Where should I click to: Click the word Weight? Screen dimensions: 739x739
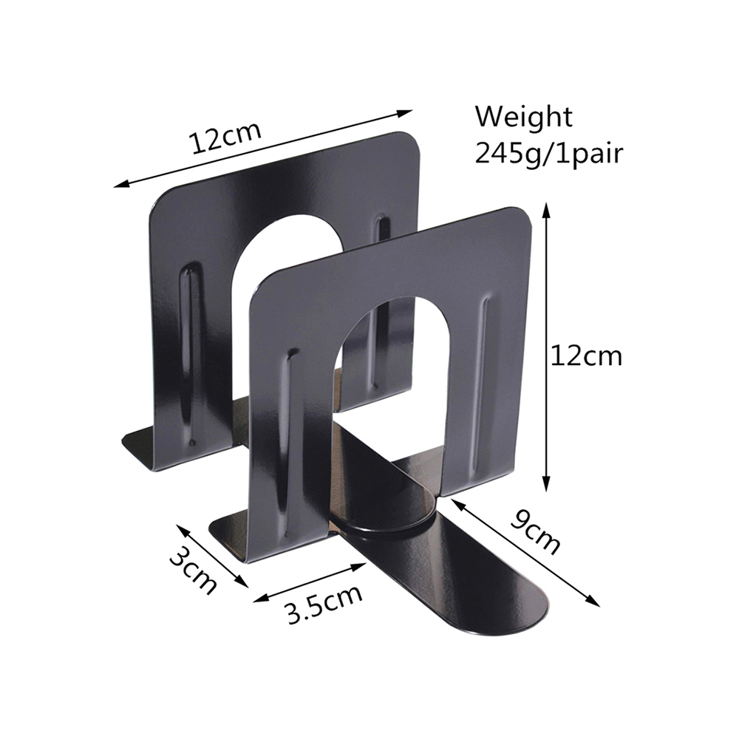tap(523, 117)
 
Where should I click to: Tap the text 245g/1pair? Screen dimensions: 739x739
tap(548, 153)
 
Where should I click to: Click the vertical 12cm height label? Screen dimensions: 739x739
tap(587, 356)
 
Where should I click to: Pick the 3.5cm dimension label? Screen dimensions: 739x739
tap(325, 605)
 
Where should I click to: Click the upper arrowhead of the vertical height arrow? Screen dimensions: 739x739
tap(546, 210)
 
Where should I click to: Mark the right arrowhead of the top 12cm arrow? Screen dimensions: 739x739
tap(404, 114)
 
